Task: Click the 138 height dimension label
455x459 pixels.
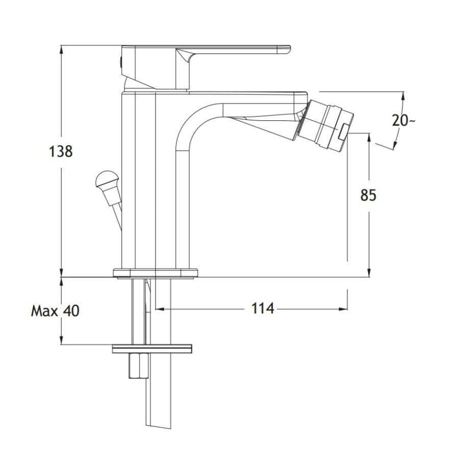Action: (61, 151)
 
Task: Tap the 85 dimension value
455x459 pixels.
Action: (368, 195)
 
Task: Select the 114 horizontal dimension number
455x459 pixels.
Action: (263, 308)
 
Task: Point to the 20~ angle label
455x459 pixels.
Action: (403, 120)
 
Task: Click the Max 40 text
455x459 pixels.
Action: (55, 311)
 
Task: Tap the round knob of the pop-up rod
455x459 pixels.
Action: (107, 178)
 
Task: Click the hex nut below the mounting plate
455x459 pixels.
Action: (139, 366)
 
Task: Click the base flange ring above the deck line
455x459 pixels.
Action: (156, 273)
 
